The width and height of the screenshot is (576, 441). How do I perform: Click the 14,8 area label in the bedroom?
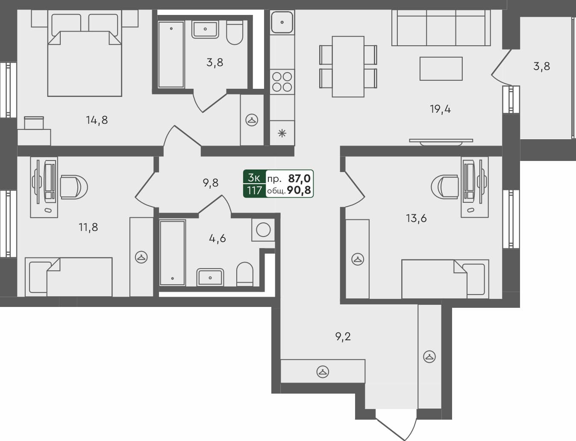click(97, 120)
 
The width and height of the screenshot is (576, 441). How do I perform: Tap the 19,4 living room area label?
click(440, 109)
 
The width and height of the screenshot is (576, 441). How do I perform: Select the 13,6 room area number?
click(416, 219)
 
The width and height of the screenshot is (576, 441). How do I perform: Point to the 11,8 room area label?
click(88, 227)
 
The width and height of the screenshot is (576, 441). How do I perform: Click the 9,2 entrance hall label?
click(343, 337)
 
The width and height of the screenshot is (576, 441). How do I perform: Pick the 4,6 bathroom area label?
click(217, 238)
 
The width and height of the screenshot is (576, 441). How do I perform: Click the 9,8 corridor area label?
click(211, 183)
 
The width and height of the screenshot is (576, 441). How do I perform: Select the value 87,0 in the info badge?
click(300, 178)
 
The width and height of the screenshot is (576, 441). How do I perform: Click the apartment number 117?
click(254, 190)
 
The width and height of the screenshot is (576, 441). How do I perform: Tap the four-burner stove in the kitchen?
click(282, 82)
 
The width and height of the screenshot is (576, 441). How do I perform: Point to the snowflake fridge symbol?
click(282, 133)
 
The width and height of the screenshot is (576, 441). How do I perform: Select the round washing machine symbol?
click(263, 230)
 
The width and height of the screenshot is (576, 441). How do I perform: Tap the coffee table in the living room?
click(441, 68)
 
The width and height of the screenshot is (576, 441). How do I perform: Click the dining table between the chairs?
click(348, 66)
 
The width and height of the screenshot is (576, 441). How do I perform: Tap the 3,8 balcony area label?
click(541, 67)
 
